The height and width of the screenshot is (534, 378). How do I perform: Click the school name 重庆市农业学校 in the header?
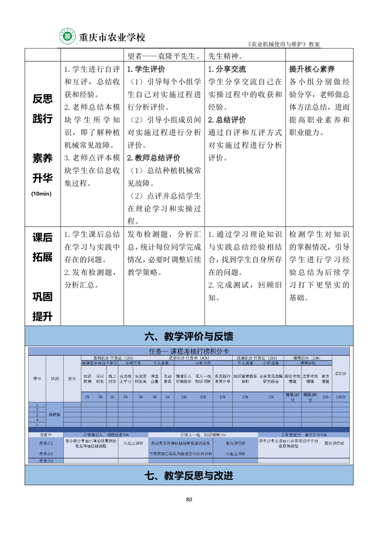tap(112, 37)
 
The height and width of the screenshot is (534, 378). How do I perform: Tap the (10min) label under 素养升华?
tap(42, 194)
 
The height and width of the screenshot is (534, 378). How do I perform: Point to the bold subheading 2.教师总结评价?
tap(153, 158)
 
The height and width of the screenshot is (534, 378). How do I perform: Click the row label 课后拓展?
tap(42, 247)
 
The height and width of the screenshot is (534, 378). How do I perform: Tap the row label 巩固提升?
tap(42, 307)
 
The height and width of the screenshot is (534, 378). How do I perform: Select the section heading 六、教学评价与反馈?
tap(189, 337)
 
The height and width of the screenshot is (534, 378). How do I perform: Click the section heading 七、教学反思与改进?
tap(189, 475)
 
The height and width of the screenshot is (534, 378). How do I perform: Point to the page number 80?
tap(189, 499)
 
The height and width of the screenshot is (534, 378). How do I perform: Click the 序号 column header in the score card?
tap(37, 378)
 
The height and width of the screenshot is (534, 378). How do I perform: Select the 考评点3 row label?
tap(46, 461)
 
